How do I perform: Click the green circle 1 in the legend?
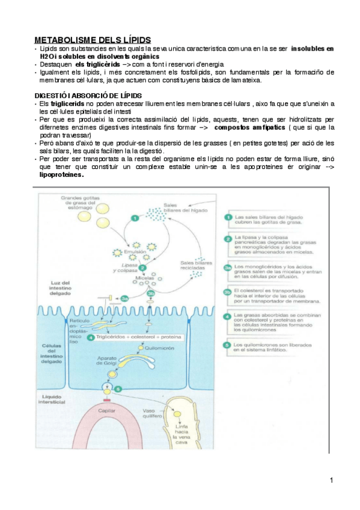(x=227, y=218)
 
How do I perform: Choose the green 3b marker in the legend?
(x=227, y=292)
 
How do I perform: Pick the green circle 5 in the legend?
(x=227, y=345)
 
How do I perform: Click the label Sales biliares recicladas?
(x=198, y=265)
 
